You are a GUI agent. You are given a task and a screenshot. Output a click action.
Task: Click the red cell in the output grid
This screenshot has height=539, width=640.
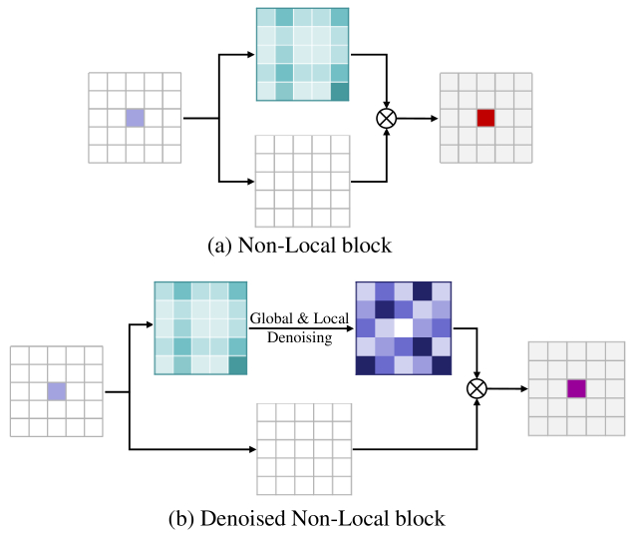[485, 118]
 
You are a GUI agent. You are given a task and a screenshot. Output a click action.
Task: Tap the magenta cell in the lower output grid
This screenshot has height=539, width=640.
[575, 389]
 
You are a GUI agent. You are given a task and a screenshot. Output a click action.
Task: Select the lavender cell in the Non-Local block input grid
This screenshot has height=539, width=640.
[135, 118]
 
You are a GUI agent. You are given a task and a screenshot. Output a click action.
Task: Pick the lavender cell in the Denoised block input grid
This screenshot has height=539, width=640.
[57, 391]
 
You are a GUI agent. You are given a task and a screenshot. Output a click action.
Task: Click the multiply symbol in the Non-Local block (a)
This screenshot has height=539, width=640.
[386, 118]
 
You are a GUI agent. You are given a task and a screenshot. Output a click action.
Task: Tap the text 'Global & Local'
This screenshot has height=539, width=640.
[299, 318]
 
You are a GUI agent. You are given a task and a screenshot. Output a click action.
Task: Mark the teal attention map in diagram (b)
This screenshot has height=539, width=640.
[200, 328]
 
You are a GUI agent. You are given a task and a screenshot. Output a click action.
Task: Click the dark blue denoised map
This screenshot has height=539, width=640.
[403, 328]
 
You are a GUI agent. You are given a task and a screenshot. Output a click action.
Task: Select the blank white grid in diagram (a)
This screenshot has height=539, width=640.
[303, 181]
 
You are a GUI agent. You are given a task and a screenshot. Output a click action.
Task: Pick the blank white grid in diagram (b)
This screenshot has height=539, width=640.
[304, 449]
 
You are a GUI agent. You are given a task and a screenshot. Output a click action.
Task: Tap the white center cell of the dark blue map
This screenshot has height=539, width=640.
[403, 328]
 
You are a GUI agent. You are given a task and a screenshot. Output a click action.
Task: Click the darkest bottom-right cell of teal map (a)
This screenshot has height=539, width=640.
[340, 91]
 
